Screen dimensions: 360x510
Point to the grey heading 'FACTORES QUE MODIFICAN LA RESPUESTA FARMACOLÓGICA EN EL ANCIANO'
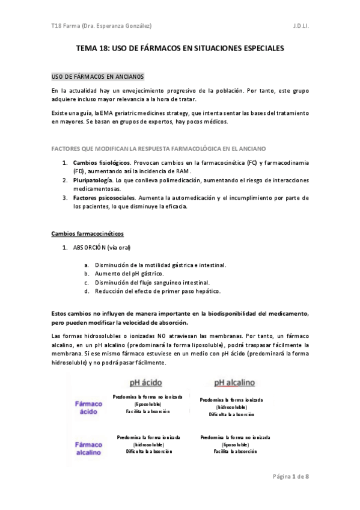[x=159, y=148]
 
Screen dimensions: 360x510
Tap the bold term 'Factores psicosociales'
[x=99, y=197]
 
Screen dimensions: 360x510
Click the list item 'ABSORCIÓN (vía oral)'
[x=102, y=247]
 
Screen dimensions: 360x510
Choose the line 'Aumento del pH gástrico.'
[x=125, y=274]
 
